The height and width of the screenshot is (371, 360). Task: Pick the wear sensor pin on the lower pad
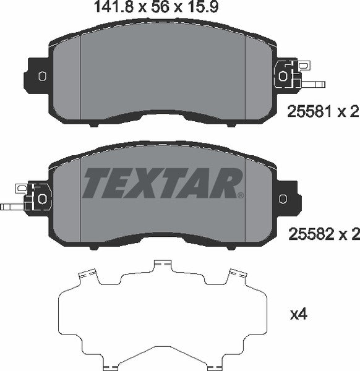tap(11, 207)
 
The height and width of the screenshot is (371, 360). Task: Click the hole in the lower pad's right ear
tap(283, 198)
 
